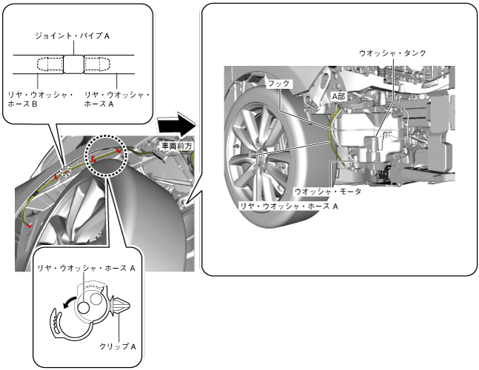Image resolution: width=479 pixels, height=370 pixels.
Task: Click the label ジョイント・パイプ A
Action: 73,35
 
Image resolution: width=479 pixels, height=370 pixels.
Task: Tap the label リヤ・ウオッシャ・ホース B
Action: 41,100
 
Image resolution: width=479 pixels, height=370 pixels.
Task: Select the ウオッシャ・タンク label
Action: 392,53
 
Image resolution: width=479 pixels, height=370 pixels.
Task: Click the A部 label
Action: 338,95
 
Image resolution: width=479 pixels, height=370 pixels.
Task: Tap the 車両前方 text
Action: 176,147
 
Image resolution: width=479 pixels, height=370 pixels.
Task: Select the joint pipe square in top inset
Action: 73,64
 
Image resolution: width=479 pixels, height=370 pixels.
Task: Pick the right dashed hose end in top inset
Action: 96,64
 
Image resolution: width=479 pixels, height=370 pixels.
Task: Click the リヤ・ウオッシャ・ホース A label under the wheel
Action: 288,204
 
